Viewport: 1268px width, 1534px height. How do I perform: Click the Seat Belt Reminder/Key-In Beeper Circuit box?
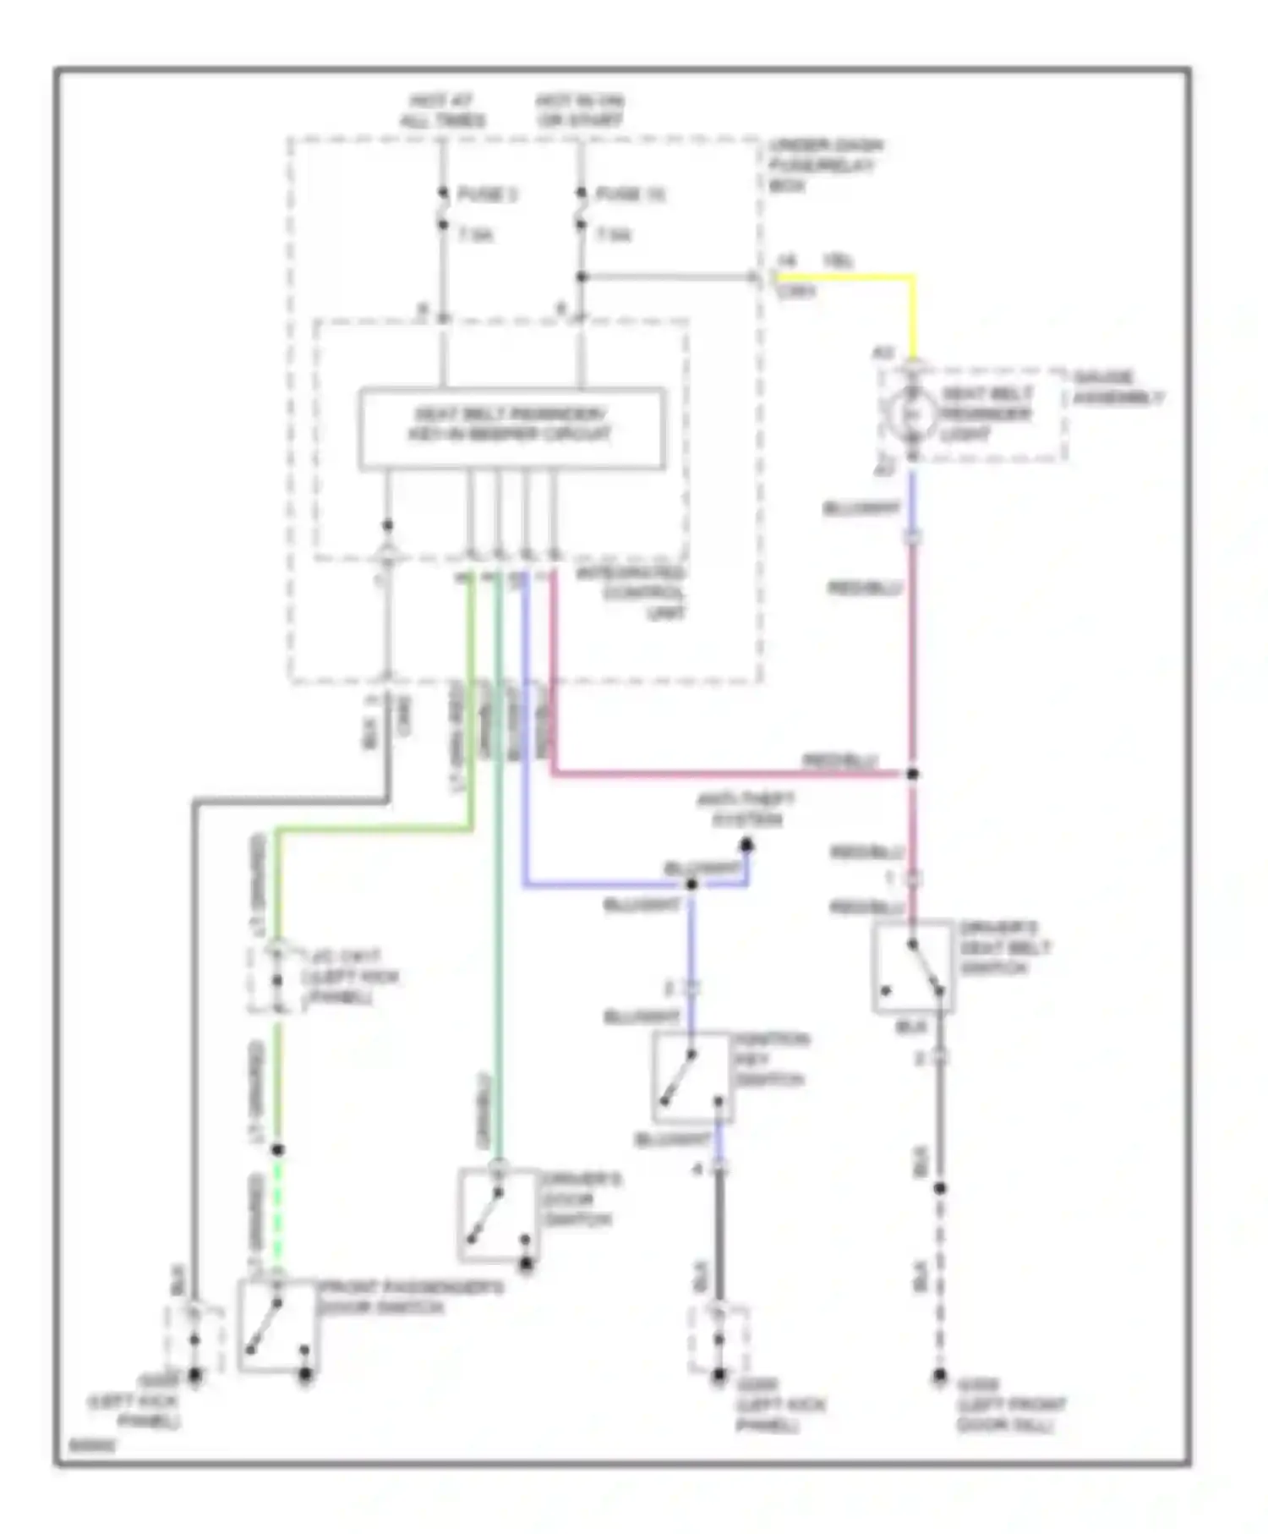tap(511, 428)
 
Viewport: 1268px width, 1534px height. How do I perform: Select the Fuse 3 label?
tap(487, 194)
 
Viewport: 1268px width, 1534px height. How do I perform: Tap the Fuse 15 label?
tap(630, 194)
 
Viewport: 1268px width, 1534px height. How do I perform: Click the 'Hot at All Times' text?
tap(442, 111)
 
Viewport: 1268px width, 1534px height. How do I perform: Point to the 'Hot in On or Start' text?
tap(580, 111)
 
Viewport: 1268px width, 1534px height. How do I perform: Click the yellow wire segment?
tap(845, 277)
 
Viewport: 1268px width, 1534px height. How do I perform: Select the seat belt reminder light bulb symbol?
tap(912, 414)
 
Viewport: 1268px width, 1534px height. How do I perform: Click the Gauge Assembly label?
tap(1118, 387)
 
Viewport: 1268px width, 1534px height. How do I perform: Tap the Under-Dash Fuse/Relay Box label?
tap(824, 165)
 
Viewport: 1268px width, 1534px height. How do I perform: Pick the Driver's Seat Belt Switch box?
tap(913, 967)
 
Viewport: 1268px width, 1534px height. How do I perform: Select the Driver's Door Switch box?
tap(498, 1214)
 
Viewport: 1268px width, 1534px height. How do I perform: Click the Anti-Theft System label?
tap(746, 809)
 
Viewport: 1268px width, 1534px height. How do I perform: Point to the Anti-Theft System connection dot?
tap(746, 845)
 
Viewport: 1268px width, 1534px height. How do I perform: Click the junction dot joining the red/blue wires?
tap(912, 774)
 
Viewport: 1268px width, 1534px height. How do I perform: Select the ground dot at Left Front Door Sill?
tap(939, 1376)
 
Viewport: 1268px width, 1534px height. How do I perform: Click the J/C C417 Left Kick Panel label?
tap(348, 978)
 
